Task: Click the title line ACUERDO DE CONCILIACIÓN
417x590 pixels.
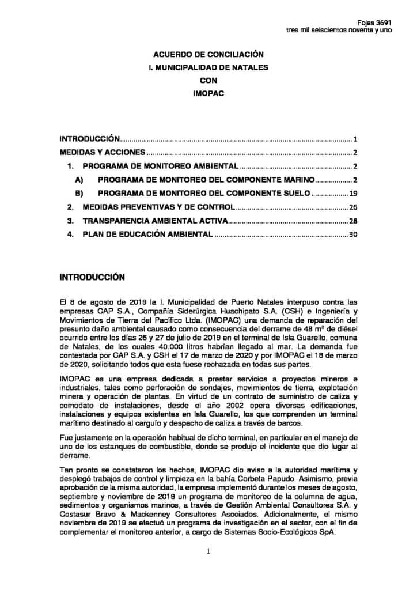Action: point(208,54)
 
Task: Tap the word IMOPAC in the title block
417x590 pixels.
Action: point(208,94)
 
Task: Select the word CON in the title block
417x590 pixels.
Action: point(208,81)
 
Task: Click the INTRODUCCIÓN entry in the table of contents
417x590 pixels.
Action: point(90,139)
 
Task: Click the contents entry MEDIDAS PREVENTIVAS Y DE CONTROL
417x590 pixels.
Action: point(158,207)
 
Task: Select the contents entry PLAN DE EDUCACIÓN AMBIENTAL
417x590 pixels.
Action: point(148,235)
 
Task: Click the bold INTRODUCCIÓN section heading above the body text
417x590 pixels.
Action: point(92,277)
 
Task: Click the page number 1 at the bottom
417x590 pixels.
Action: point(208,551)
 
